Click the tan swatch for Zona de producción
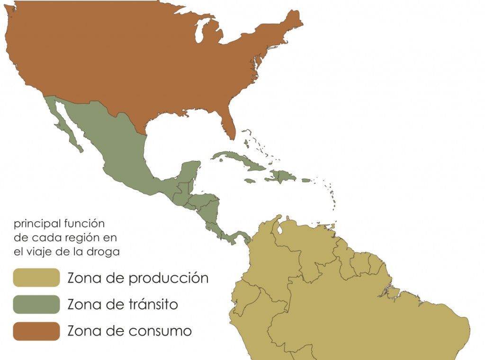coord(36,278)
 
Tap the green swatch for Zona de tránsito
coord(36,304)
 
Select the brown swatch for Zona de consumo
coord(36,331)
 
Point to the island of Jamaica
coord(250,180)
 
